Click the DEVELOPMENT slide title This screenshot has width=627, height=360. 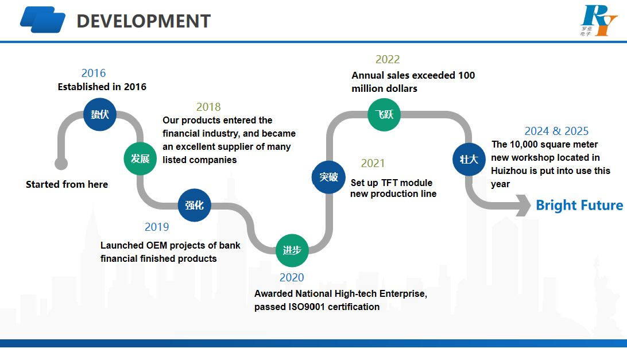click(144, 21)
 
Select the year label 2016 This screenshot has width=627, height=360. click(94, 73)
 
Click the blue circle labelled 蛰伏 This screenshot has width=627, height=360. click(100, 114)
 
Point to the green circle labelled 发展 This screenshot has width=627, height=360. click(140, 158)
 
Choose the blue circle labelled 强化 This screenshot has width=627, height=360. click(194, 204)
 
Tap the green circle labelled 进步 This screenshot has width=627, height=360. click(292, 250)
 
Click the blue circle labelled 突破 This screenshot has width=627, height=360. click(328, 177)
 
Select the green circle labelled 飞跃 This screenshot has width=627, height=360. click(384, 114)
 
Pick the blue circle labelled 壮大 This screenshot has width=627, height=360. click(469, 158)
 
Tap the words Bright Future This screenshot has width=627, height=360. click(579, 206)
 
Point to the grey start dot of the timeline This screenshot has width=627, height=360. click(61, 164)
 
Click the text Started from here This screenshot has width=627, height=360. click(67, 184)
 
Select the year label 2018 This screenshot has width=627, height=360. click(208, 107)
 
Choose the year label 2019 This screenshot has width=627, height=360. click(157, 227)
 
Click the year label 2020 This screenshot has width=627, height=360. click(292, 278)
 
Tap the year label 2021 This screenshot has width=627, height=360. click(373, 164)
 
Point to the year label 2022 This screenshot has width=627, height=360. click(388, 59)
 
